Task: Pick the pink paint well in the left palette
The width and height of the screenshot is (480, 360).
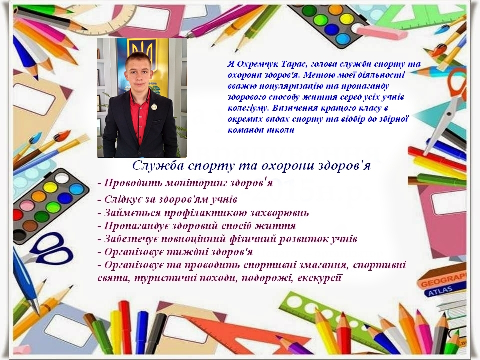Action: tap(27, 204)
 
